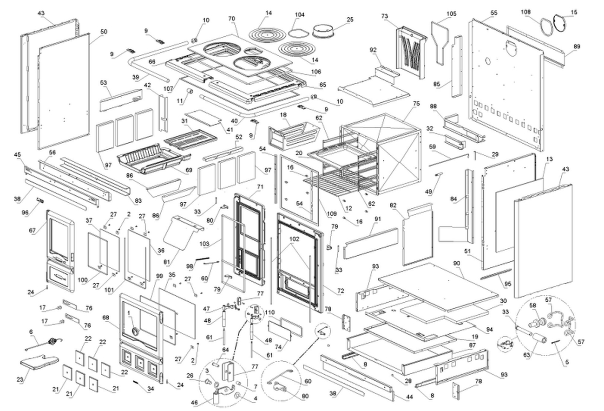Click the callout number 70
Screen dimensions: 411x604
[231, 19]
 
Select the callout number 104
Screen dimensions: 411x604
[300, 15]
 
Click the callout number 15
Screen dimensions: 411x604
[574, 12]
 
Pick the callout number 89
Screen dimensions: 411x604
[577, 46]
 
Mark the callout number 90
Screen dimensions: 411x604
[456, 264]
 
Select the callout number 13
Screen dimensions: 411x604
[549, 159]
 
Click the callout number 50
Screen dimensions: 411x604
[103, 32]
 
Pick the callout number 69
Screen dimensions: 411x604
[189, 171]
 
